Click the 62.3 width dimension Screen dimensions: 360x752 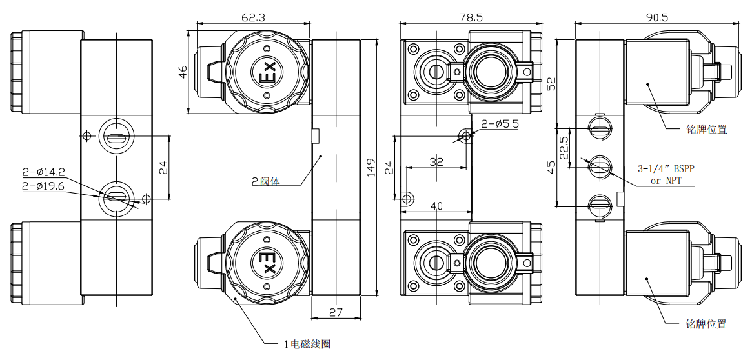pyautogui.click(x=253, y=18)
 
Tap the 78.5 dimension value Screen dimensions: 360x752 pyautogui.click(x=470, y=18)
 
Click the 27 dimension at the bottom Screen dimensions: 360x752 pyautogui.click(x=336, y=312)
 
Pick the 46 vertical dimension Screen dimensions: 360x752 pyautogui.click(x=183, y=73)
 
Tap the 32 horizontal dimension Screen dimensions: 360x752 pyautogui.click(x=437, y=162)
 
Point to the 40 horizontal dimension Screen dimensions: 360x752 pyautogui.click(x=437, y=206)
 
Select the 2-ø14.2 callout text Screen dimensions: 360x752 pyautogui.click(x=43, y=172)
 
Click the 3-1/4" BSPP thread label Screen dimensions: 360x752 pyautogui.click(x=667, y=169)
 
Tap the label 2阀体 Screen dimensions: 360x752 pyautogui.click(x=266, y=181)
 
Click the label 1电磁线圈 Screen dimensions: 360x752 pyautogui.click(x=307, y=345)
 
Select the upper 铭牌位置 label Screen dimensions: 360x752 pyautogui.click(x=707, y=129)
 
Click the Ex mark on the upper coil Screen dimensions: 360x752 pyautogui.click(x=267, y=73)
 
